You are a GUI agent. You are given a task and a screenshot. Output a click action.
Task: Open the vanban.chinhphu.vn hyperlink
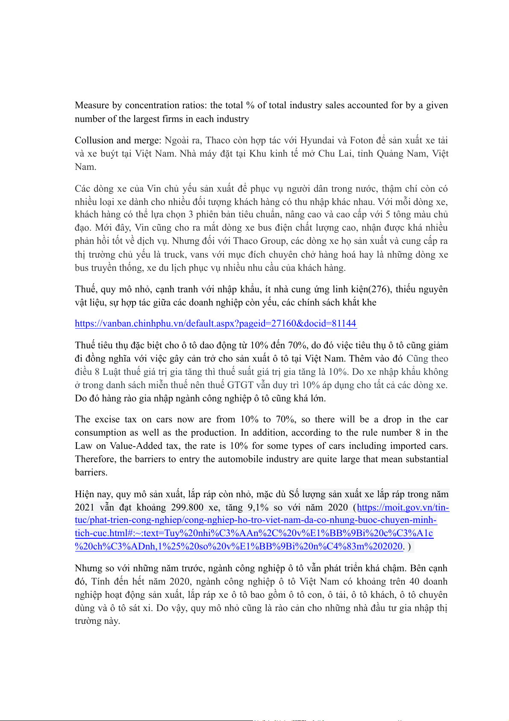point(215,323)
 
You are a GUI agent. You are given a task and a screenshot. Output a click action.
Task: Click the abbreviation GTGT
point(240,385)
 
